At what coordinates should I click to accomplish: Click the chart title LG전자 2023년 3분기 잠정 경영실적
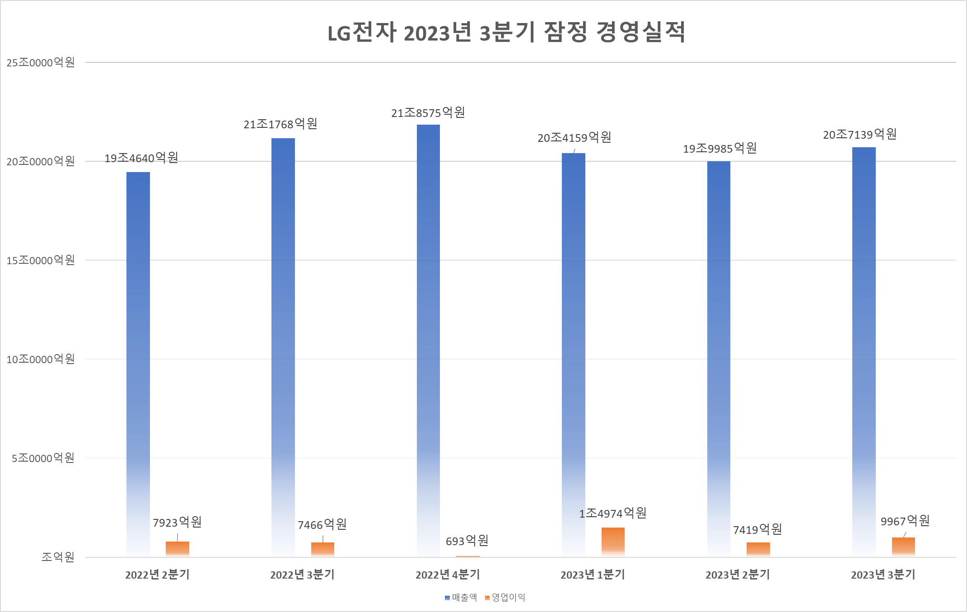point(506,33)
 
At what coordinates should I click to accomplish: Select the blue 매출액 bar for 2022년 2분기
point(138,361)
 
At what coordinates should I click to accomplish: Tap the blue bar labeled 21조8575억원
point(428,339)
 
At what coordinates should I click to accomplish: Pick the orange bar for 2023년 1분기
point(613,542)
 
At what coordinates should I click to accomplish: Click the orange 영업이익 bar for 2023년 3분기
point(903,547)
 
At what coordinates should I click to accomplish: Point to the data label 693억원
point(467,541)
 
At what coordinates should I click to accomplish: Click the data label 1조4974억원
point(613,514)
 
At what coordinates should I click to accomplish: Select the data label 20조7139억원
point(860,135)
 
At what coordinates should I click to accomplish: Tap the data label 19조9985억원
point(719,149)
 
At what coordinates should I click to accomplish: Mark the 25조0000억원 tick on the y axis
point(41,63)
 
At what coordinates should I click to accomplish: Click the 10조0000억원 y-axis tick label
point(41,360)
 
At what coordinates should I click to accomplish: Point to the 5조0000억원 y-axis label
point(43,458)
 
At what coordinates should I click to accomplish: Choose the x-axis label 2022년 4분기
point(448,575)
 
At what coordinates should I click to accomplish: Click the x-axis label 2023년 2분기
point(738,575)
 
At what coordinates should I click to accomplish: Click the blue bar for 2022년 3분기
point(283,348)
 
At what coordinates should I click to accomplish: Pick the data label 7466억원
point(322,525)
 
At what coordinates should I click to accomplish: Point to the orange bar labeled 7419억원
point(758,549)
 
